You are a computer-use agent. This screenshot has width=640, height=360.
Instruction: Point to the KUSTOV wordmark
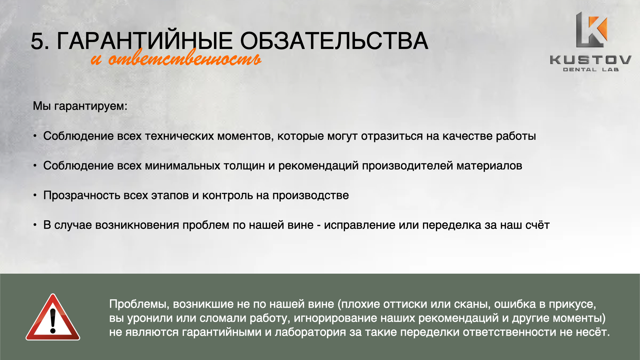(590, 60)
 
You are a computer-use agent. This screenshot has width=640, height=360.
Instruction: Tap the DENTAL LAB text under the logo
(591, 70)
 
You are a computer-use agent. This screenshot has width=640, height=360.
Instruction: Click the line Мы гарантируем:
(80, 106)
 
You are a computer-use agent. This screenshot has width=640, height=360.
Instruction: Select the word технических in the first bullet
(179, 136)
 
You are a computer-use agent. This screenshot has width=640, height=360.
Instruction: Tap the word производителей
(407, 166)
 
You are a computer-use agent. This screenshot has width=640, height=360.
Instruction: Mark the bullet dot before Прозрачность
(35, 195)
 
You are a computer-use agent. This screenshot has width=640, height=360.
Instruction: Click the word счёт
(537, 225)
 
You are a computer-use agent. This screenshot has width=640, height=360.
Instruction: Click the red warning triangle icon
(53, 317)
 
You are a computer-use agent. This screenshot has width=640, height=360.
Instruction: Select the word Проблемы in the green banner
(139, 304)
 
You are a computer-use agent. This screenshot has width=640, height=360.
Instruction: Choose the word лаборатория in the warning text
(310, 332)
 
